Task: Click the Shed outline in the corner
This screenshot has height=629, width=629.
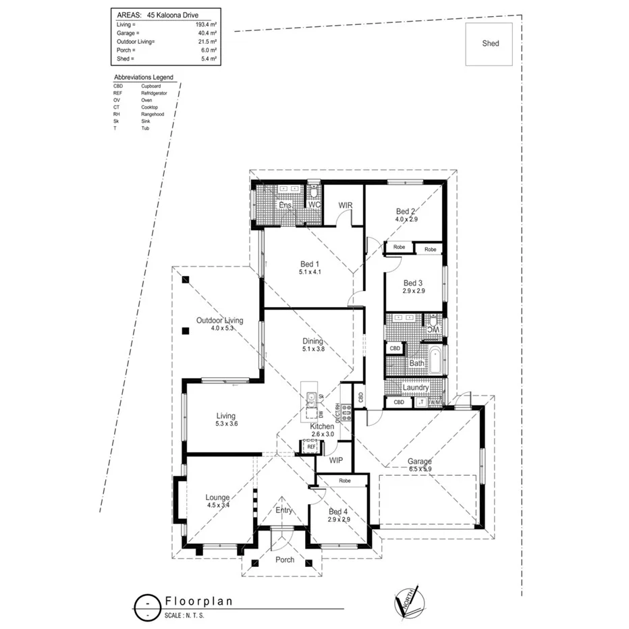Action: click(489, 44)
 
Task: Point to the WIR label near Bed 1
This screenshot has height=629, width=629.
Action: click(346, 205)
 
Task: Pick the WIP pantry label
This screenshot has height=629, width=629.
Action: click(336, 460)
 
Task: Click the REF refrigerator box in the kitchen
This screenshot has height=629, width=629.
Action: click(311, 446)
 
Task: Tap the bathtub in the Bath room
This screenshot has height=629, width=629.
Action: click(436, 362)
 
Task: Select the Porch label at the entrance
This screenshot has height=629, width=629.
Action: click(285, 559)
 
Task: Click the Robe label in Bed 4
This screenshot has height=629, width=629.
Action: click(344, 481)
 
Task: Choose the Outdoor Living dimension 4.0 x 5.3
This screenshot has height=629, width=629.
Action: click(221, 329)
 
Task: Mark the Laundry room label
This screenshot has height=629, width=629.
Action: click(416, 388)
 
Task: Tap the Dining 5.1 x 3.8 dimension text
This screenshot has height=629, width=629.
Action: click(313, 349)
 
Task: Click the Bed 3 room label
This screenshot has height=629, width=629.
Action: click(413, 283)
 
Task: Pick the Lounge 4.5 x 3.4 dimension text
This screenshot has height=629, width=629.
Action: click(217, 505)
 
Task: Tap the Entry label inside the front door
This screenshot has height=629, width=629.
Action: click(284, 510)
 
